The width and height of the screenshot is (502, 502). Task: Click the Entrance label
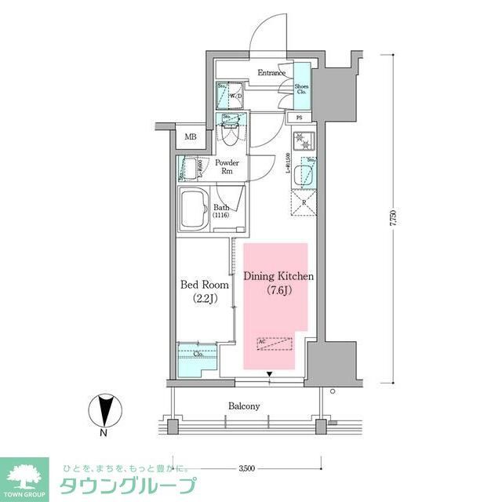point(271,73)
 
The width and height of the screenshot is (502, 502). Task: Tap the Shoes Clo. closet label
point(302,89)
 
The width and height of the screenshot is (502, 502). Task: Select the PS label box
point(300,118)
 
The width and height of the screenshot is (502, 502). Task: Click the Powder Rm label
point(227,167)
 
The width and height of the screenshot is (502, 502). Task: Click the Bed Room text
point(204,285)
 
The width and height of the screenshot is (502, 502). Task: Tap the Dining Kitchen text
point(278,277)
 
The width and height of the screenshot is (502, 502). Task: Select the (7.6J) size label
point(278,292)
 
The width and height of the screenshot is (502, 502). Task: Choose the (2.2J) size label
point(204,299)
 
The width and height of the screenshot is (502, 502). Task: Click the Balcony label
point(244,406)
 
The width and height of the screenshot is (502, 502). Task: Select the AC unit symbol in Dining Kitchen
point(275,343)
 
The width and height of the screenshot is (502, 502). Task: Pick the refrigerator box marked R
point(303,201)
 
